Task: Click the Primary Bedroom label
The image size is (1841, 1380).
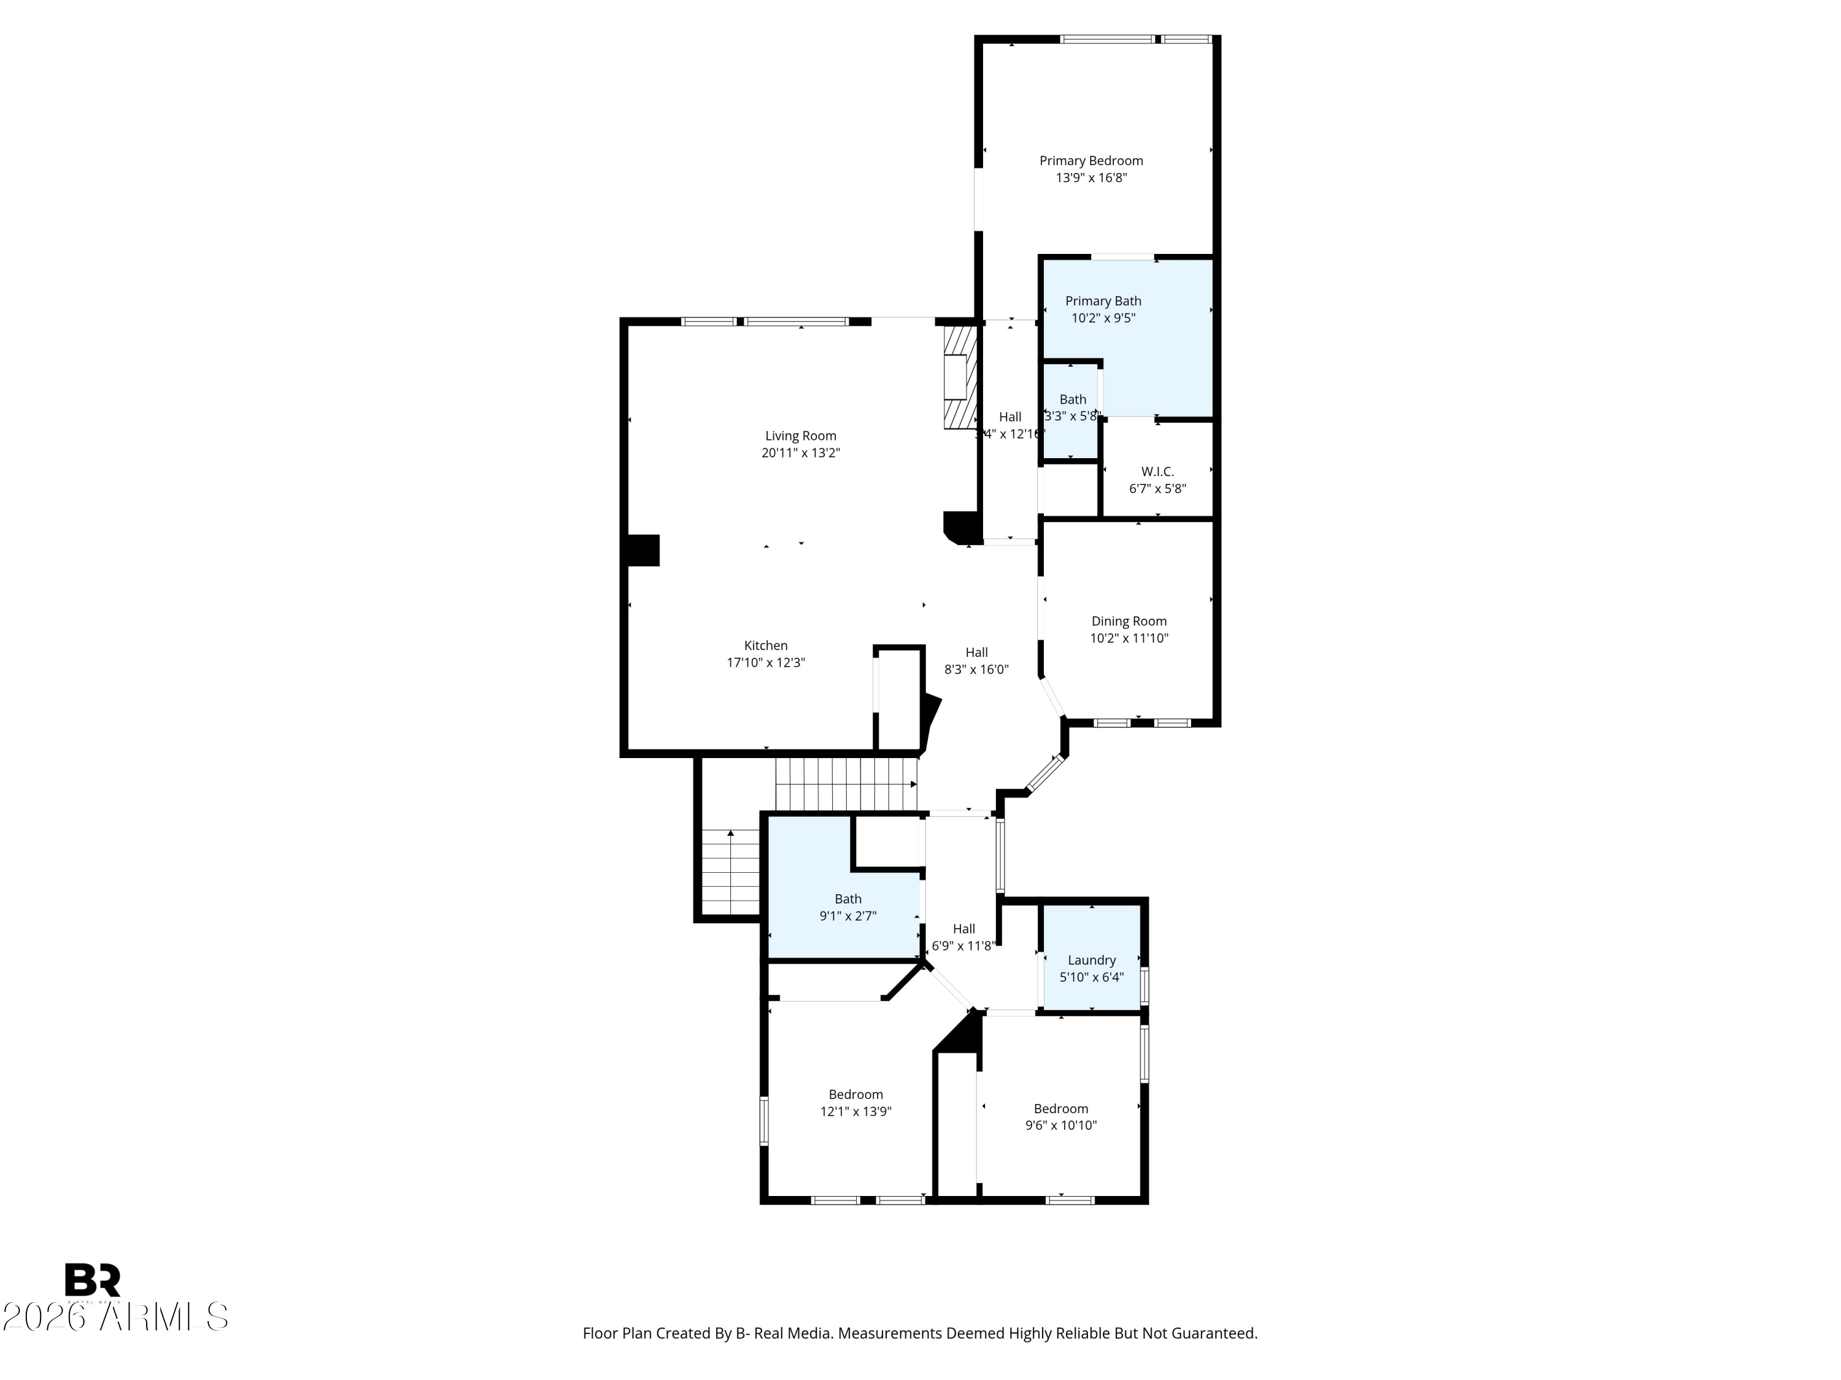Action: pyautogui.click(x=1090, y=161)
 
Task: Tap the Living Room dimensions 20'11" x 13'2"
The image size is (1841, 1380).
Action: pyautogui.click(x=801, y=453)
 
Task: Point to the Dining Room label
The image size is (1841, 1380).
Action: pyautogui.click(x=1129, y=621)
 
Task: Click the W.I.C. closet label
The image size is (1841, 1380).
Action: pyautogui.click(x=1157, y=472)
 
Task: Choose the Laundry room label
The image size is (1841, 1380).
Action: pyautogui.click(x=1091, y=960)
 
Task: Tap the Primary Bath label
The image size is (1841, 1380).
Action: pyautogui.click(x=1103, y=301)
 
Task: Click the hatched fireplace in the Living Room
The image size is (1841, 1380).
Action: pyautogui.click(x=959, y=377)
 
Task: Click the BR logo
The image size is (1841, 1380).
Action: pyautogui.click(x=93, y=1280)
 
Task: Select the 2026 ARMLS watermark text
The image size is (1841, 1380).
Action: pyautogui.click(x=115, y=1317)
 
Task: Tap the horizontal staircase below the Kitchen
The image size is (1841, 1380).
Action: pyautogui.click(x=846, y=784)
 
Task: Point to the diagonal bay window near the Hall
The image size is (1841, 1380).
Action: pyautogui.click(x=1045, y=773)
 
